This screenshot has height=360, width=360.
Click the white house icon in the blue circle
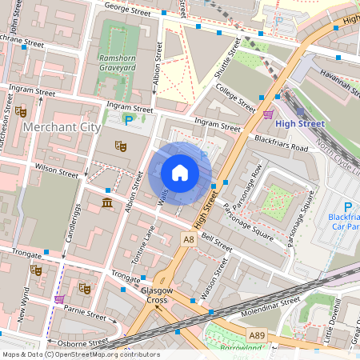pos(180,172)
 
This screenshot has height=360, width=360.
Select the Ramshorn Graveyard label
pos(116,63)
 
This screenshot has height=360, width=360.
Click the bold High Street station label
pos(299,124)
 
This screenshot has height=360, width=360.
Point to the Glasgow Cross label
pos(154,295)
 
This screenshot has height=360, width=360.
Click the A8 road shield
pos(189,238)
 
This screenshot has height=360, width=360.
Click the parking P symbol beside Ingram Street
pos(128,120)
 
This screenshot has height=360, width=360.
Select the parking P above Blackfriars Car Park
pos(346,206)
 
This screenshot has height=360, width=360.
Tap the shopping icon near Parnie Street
pos(59,298)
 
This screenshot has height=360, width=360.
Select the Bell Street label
pos(217,242)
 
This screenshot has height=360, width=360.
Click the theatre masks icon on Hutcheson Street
pos(20,110)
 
